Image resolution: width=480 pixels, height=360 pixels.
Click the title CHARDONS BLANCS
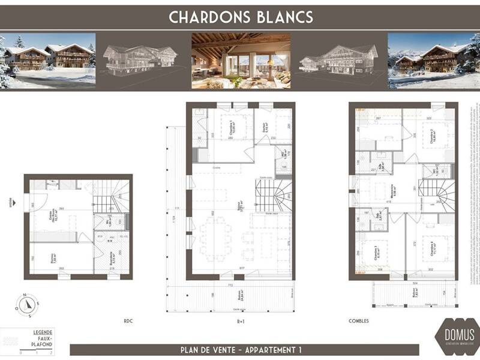pos(241,17)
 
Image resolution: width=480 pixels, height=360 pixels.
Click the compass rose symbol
pos(27,305)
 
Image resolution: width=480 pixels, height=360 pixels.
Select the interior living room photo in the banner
pos(241,61)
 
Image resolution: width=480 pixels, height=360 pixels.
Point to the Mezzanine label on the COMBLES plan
pos(391,191)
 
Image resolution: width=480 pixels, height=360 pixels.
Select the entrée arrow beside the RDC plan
pos(11,202)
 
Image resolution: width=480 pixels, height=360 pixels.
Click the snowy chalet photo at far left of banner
pos(48,61)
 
